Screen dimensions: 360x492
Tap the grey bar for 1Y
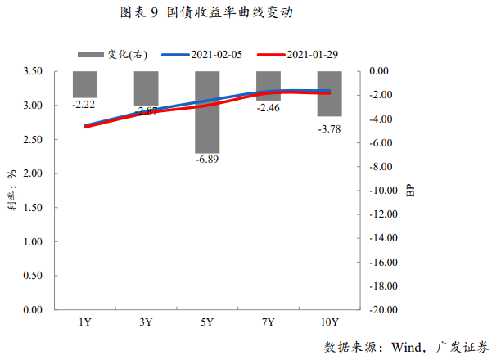tap(84, 84)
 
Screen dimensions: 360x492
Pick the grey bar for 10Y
tap(330, 93)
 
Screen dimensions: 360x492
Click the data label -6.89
tap(206, 159)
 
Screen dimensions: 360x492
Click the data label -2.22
tap(84, 105)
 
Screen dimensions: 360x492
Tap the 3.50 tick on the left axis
tap(34, 71)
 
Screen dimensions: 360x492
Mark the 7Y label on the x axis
tap(268, 322)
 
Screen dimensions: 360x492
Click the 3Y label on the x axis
tap(146, 322)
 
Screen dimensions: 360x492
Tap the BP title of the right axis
tap(411, 191)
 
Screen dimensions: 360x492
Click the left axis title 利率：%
tap(12, 191)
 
